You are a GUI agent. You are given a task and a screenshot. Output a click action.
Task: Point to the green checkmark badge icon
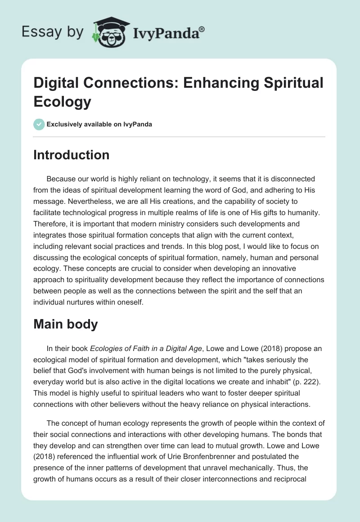(x=39, y=125)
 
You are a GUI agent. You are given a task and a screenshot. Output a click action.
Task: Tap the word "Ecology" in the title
(x=62, y=102)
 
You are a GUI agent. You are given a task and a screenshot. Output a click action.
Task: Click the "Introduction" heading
(x=72, y=155)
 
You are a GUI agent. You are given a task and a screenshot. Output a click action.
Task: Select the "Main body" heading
(x=66, y=324)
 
